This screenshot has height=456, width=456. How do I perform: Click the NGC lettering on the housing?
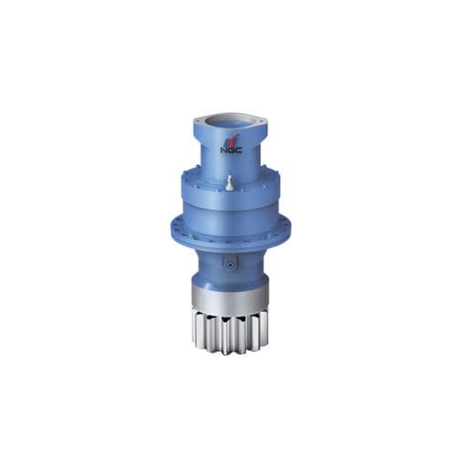coord(231,150)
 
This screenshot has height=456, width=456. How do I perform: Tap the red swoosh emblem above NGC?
coord(232,140)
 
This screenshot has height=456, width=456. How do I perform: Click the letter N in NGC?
coord(223,150)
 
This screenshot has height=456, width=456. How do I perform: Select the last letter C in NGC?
coord(239,150)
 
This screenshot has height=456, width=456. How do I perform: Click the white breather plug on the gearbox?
coord(230,183)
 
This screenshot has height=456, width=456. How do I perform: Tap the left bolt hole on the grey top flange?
coord(199,121)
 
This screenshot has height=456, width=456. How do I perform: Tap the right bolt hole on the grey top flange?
coord(262,121)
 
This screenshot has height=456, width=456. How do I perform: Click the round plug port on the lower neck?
coord(230,264)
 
